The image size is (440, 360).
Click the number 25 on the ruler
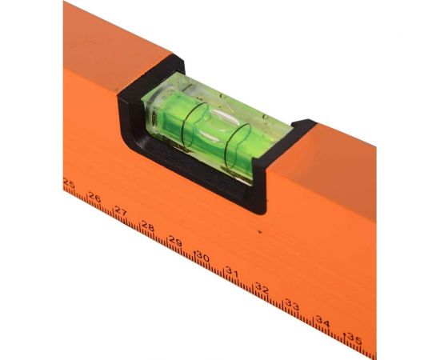(x=69, y=183)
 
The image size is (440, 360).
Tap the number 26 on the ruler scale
(x=94, y=198)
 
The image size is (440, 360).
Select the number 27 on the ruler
(x=121, y=210)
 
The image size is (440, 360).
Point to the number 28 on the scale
(x=148, y=226)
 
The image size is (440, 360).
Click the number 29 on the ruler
(x=175, y=241)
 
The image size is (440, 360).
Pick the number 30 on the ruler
(x=203, y=256)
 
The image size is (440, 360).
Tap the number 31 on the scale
(x=232, y=271)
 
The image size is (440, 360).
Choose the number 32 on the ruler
(x=262, y=288)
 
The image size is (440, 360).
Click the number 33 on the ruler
(x=292, y=305)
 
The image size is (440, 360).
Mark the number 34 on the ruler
(x=322, y=322)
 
